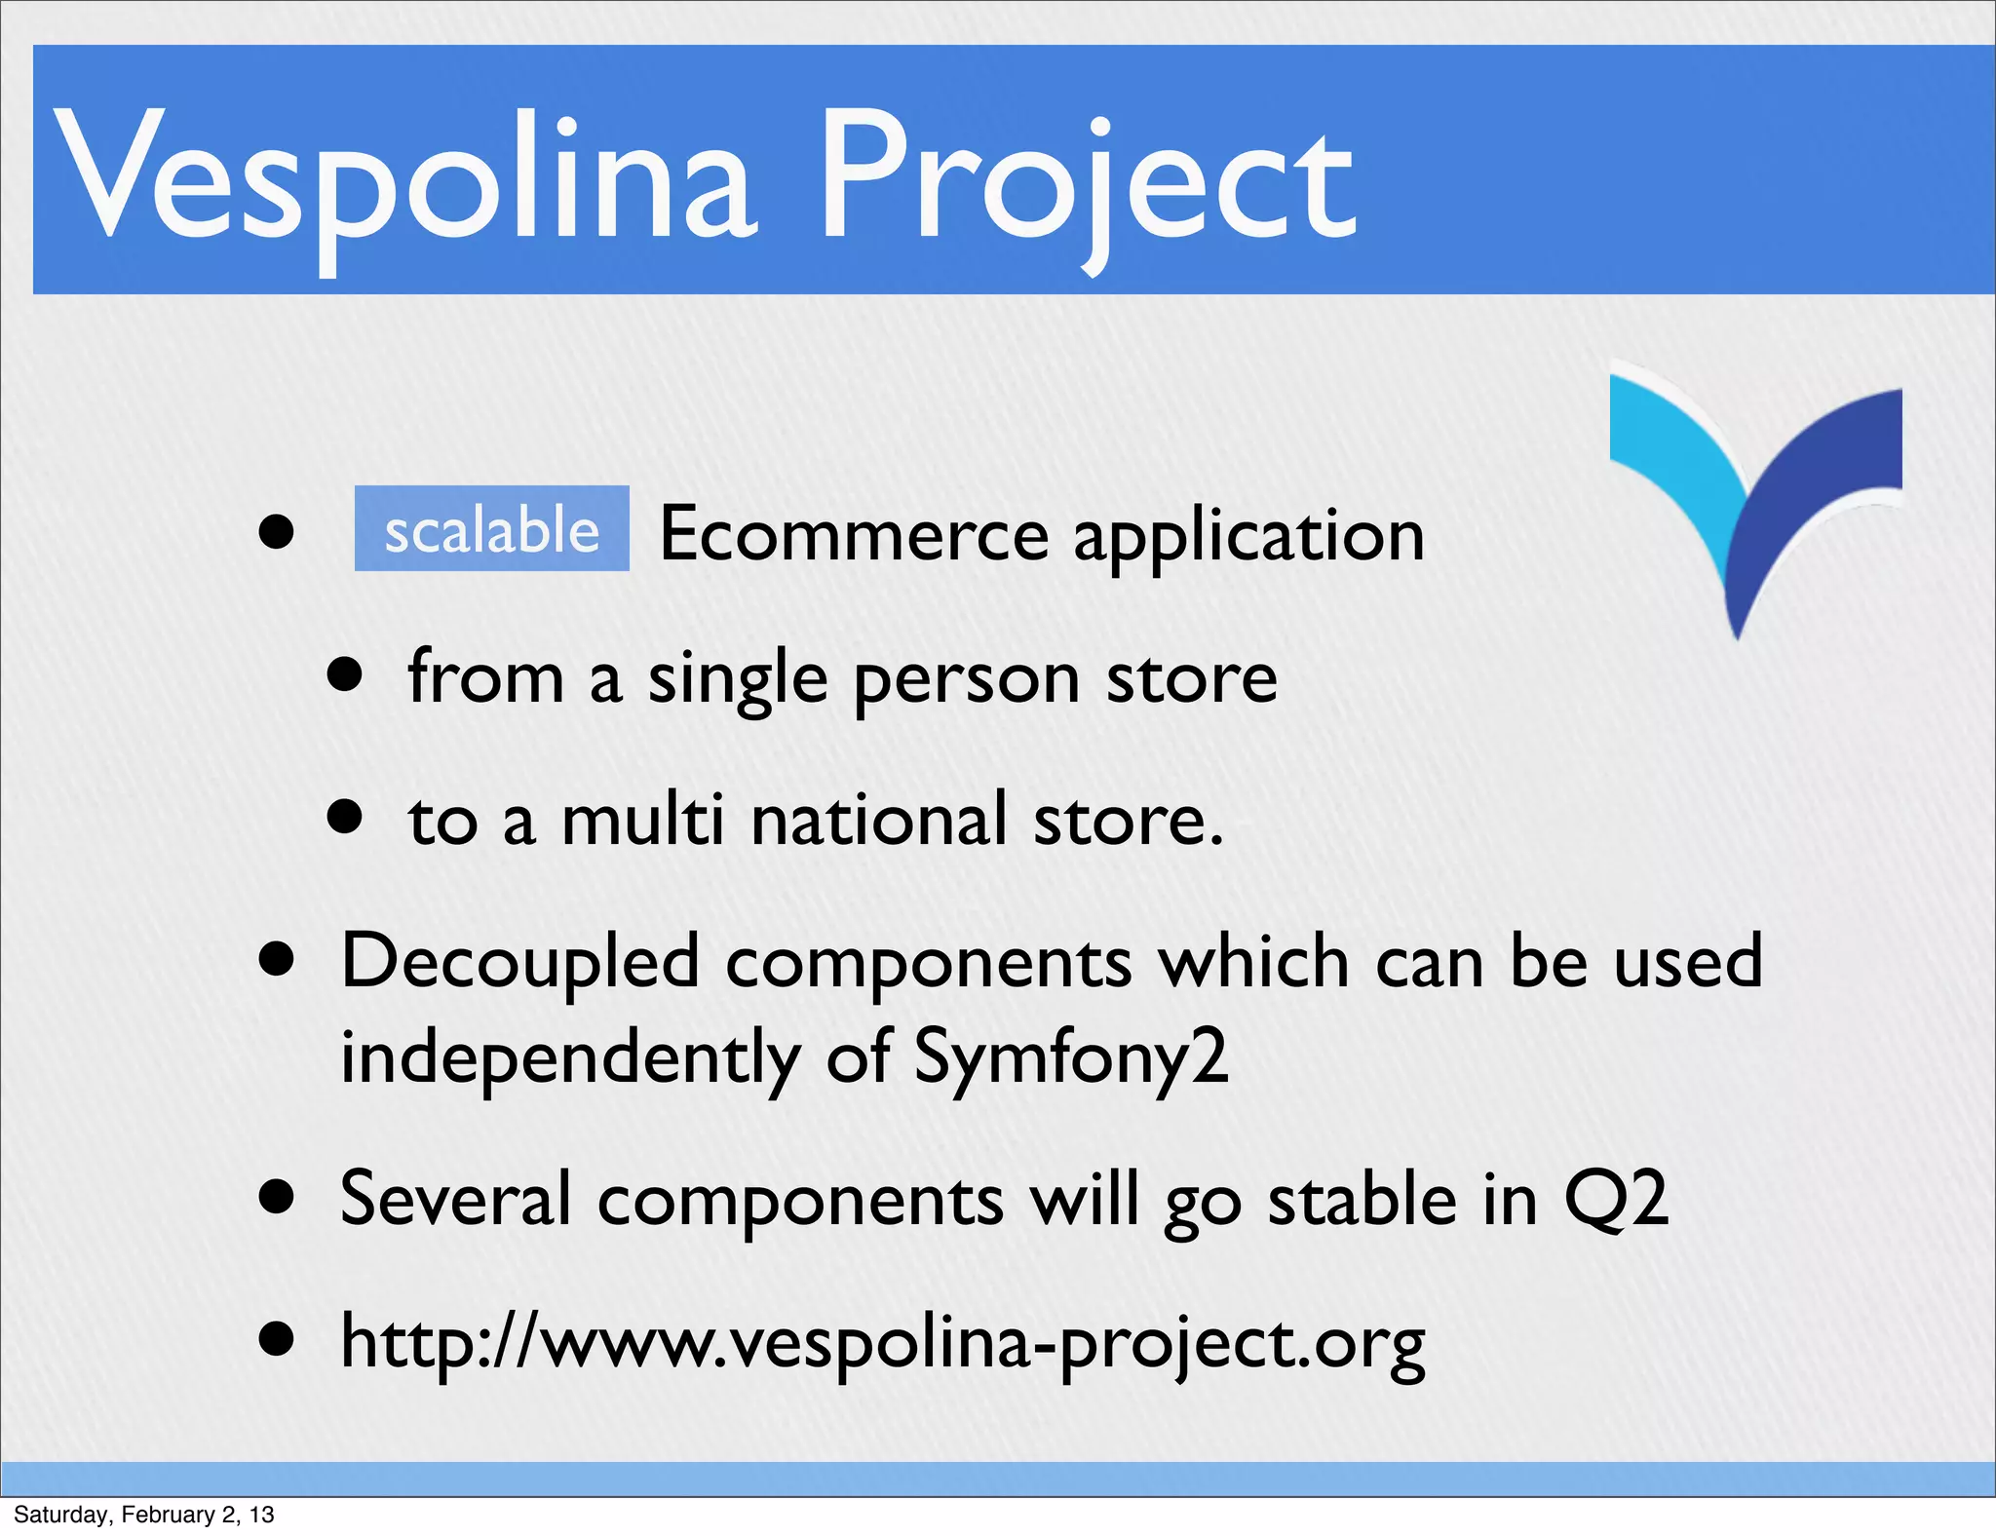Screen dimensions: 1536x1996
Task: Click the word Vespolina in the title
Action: tap(404, 175)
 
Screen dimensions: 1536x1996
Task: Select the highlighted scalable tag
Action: tap(491, 529)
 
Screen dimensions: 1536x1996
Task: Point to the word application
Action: tap(1248, 538)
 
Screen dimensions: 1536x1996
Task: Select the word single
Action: tap(738, 679)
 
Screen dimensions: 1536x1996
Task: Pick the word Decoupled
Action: tap(520, 963)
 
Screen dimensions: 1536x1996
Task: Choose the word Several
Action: tap(455, 1199)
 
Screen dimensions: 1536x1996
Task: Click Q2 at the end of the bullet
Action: tap(1615, 1199)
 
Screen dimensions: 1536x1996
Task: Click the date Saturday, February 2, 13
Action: tap(144, 1515)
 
